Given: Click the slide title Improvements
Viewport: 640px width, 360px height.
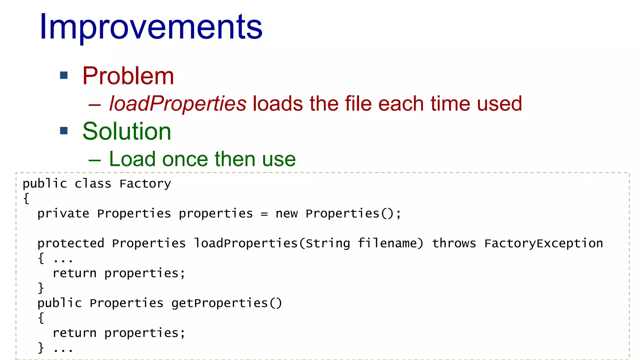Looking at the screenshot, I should [151, 27].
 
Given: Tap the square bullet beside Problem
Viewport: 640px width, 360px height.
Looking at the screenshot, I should [64, 75].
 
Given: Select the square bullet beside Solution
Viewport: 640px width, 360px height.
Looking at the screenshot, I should [64, 131].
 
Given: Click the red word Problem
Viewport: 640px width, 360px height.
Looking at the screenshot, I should [128, 76].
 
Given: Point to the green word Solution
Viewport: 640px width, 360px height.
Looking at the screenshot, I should [127, 131].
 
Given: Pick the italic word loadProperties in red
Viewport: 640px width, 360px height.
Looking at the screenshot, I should [177, 103].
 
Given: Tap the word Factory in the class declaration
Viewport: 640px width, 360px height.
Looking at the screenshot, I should [145, 184].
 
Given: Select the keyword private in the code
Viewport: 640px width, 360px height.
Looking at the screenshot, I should [63, 214].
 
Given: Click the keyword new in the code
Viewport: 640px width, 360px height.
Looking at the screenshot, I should [287, 214].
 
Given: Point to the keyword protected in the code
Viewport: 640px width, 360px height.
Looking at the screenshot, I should [71, 243].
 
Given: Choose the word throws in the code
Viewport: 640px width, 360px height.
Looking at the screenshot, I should [454, 243].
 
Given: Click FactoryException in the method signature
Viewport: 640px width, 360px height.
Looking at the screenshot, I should [543, 243].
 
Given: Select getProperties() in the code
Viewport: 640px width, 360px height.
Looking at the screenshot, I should [227, 303].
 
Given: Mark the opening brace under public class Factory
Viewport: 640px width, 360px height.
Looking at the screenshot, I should [26, 198].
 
